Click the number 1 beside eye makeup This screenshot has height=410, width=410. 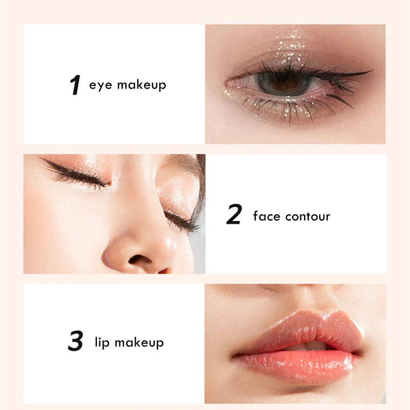pyautogui.click(x=75, y=85)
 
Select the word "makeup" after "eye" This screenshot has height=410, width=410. pyautogui.click(x=141, y=85)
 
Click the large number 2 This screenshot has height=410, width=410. pyautogui.click(x=234, y=214)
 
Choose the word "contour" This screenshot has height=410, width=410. pyautogui.click(x=308, y=216)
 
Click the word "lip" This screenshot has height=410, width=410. pyautogui.click(x=102, y=342)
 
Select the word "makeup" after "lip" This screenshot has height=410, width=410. pyautogui.click(x=139, y=342)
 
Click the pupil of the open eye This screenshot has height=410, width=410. pyautogui.click(x=283, y=81)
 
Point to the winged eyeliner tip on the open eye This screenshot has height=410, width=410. pyautogui.click(x=371, y=71)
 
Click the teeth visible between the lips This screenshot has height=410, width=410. pyautogui.click(x=310, y=346)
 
